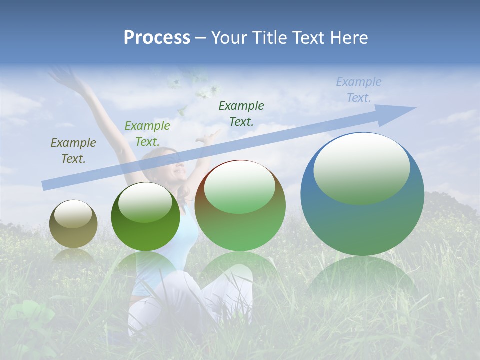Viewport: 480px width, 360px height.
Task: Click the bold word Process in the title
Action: (x=157, y=38)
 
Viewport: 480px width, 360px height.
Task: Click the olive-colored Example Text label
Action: (x=73, y=151)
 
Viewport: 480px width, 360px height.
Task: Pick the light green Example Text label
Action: (x=147, y=134)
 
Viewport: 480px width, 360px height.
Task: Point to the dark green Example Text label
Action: (x=241, y=113)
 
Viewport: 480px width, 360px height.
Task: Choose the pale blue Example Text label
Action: (x=359, y=90)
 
